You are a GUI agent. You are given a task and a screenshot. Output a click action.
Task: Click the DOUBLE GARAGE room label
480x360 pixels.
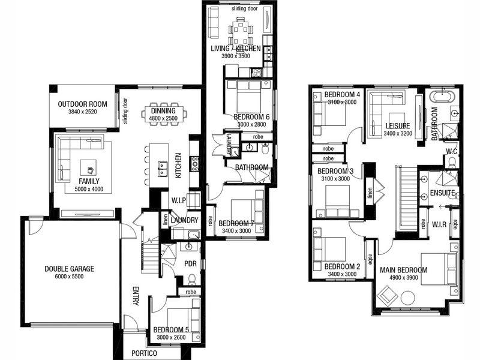tap(69, 269)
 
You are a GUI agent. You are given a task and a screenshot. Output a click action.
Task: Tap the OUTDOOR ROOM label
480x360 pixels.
tap(83, 104)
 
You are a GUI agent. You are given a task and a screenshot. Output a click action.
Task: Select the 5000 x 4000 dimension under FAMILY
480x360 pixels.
tap(89, 189)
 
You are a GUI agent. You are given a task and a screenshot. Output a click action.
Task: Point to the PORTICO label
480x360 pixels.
tap(144, 353)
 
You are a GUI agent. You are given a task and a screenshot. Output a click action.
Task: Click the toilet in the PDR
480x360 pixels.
tap(192, 280)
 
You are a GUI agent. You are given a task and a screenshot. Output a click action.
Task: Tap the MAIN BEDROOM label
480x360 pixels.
tap(403, 270)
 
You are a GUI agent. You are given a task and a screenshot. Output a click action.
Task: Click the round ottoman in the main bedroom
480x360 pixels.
tap(408, 298)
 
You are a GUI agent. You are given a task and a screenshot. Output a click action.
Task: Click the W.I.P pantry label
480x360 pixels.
tap(178, 200)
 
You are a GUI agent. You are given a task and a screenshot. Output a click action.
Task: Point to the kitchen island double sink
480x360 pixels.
tap(163, 169)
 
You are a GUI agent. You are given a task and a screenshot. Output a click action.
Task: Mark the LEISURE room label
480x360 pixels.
tap(398, 125)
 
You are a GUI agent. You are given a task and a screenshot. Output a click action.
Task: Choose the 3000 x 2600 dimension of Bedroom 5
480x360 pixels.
tap(171, 337)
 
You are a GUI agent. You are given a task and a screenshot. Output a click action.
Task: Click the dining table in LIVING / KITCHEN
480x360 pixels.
tap(241, 31)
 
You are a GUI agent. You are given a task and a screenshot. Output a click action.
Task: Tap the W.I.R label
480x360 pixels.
tap(439, 224)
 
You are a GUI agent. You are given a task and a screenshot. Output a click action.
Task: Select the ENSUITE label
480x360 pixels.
tap(442, 193)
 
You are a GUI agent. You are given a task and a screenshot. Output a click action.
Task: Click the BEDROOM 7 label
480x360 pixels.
tap(236, 223)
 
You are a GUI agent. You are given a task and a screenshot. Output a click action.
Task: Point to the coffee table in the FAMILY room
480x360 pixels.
tap(88, 168)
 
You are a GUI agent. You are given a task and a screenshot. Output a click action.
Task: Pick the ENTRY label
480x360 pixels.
tap(136, 296)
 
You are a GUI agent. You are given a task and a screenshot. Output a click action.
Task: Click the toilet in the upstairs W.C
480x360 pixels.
tap(452, 162)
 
